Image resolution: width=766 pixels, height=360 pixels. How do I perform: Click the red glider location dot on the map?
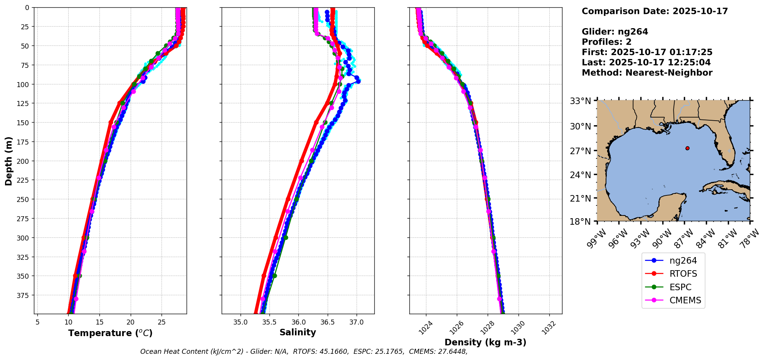click(687, 148)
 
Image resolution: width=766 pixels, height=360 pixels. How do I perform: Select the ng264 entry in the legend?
click(683, 261)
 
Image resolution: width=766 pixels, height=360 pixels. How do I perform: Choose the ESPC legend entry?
click(680, 288)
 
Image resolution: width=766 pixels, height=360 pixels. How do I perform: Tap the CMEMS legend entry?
click(685, 301)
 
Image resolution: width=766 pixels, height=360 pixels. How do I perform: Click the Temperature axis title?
click(110, 333)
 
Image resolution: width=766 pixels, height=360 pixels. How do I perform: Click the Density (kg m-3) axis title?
click(485, 342)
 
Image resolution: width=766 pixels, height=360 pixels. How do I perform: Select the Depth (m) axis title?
click(8, 161)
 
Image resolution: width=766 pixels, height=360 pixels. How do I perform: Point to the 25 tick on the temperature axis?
click(162, 322)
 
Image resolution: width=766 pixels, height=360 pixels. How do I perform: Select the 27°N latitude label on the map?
click(580, 151)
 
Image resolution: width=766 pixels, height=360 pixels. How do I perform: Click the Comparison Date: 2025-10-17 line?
click(655, 11)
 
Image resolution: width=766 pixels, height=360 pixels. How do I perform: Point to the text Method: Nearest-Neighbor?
click(647, 73)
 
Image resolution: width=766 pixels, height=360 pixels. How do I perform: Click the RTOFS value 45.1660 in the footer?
click(334, 352)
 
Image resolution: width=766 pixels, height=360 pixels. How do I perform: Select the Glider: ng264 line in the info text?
click(615, 32)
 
